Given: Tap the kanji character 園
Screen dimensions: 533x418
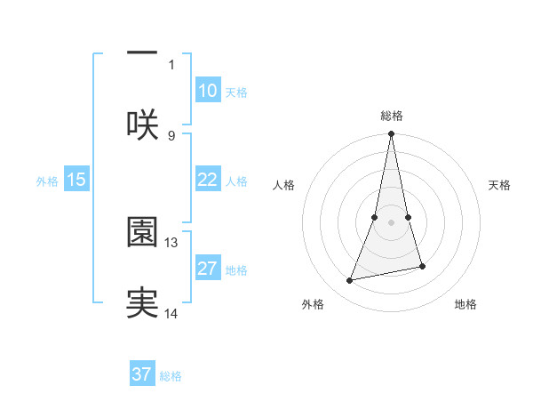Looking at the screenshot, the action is (142, 232).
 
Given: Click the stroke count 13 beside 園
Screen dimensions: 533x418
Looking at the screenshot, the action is (172, 242).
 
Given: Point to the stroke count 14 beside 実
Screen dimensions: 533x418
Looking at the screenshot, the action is (172, 313).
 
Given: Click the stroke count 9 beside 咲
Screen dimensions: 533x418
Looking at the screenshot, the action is (171, 135).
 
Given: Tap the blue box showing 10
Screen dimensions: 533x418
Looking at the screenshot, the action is (207, 91).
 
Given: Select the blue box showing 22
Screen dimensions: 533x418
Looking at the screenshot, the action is (207, 180).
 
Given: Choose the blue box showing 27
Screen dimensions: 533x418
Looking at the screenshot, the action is (207, 269).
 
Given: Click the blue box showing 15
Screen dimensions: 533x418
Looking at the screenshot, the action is (76, 180).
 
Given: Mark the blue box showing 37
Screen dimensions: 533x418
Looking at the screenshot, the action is (142, 374).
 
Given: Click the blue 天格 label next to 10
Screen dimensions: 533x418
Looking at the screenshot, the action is (236, 92).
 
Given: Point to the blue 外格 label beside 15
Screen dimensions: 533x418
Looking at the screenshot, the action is (47, 181).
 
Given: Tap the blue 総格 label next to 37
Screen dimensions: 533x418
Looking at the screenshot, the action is (171, 376).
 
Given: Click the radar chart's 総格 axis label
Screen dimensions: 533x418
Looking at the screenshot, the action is (392, 116).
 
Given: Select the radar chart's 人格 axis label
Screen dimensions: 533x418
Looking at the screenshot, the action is (283, 185).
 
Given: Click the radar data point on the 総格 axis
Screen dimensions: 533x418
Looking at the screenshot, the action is (391, 134).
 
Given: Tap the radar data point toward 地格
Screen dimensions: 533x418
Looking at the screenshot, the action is (422, 266).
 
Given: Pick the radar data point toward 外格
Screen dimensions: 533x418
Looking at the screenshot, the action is (350, 281).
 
